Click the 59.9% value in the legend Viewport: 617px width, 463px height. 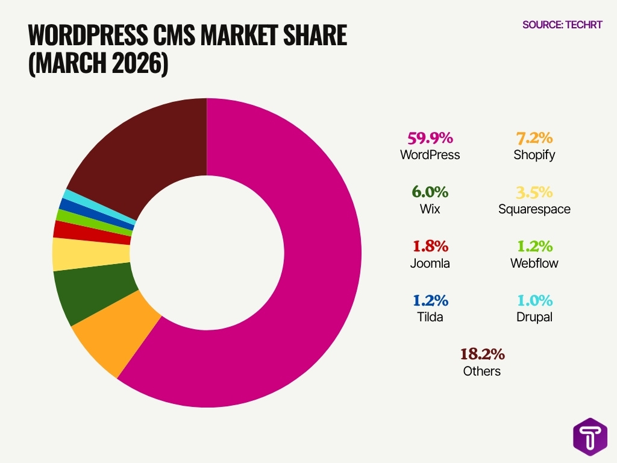430,138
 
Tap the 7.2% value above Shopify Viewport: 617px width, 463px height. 534,138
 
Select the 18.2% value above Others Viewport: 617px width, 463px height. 482,354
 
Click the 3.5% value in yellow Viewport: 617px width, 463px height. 534,192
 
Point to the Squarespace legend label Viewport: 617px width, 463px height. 534,209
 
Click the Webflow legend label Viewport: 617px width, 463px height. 534,263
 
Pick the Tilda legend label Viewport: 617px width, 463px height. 430,317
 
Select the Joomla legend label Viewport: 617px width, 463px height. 430,263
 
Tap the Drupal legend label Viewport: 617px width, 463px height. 534,317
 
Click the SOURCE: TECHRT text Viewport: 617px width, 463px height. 562,25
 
